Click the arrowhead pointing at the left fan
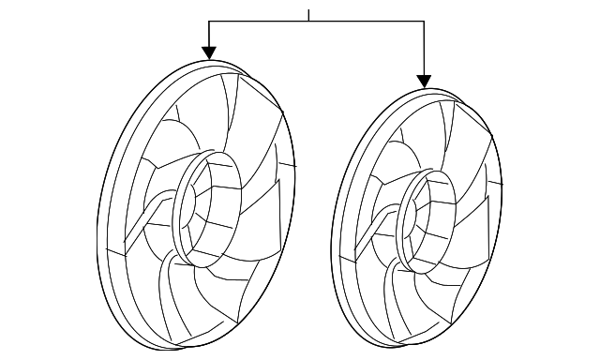click(x=209, y=53)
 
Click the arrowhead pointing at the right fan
click(x=425, y=81)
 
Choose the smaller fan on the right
click(x=417, y=220)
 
